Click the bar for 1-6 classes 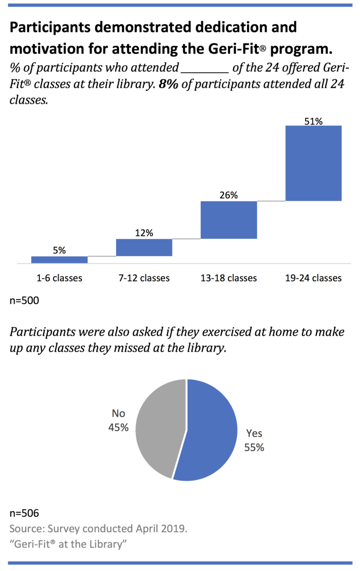pyautogui.click(x=60, y=260)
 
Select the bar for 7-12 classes pyautogui.click(x=144, y=247)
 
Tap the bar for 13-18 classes pyautogui.click(x=229, y=220)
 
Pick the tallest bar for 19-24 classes pyautogui.click(x=313, y=163)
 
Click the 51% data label pyautogui.click(x=313, y=121)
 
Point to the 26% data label pyautogui.click(x=229, y=196)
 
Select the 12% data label pyautogui.click(x=144, y=233)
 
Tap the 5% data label pyautogui.click(x=60, y=251)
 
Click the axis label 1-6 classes pyautogui.click(x=60, y=278)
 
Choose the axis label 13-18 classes pyautogui.click(x=229, y=278)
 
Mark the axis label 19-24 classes pyautogui.click(x=313, y=278)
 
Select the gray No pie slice pyautogui.click(x=157, y=426)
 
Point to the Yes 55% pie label pyautogui.click(x=254, y=441)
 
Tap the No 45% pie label pyautogui.click(x=120, y=420)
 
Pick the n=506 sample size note pyautogui.click(x=24, y=513)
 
